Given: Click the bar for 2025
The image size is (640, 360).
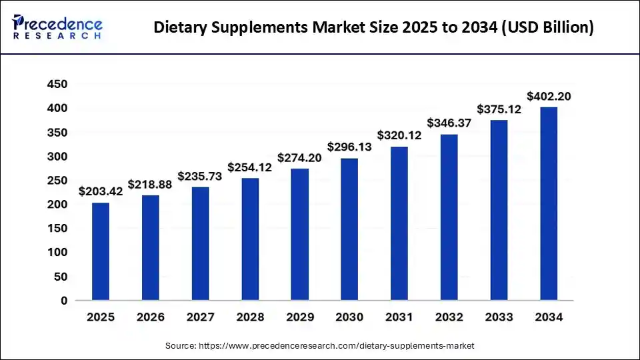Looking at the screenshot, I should pos(100,251).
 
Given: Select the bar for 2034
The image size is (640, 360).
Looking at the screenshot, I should pos(549,203).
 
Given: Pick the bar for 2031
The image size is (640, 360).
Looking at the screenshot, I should pos(399,223).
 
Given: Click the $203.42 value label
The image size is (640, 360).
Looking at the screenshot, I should pos(100,192).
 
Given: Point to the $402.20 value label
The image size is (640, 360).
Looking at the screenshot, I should pos(549,97).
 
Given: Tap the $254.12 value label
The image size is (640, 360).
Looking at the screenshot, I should pos(250,167).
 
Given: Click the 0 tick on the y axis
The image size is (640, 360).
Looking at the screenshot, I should pos(64,301).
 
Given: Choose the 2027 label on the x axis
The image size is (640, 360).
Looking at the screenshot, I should pos(200,318).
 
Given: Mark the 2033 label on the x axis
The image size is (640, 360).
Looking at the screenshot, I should pos(499,318).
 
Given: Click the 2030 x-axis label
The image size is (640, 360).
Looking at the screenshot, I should pos(349,318).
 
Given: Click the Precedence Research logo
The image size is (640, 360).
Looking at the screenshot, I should pos(57,27).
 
